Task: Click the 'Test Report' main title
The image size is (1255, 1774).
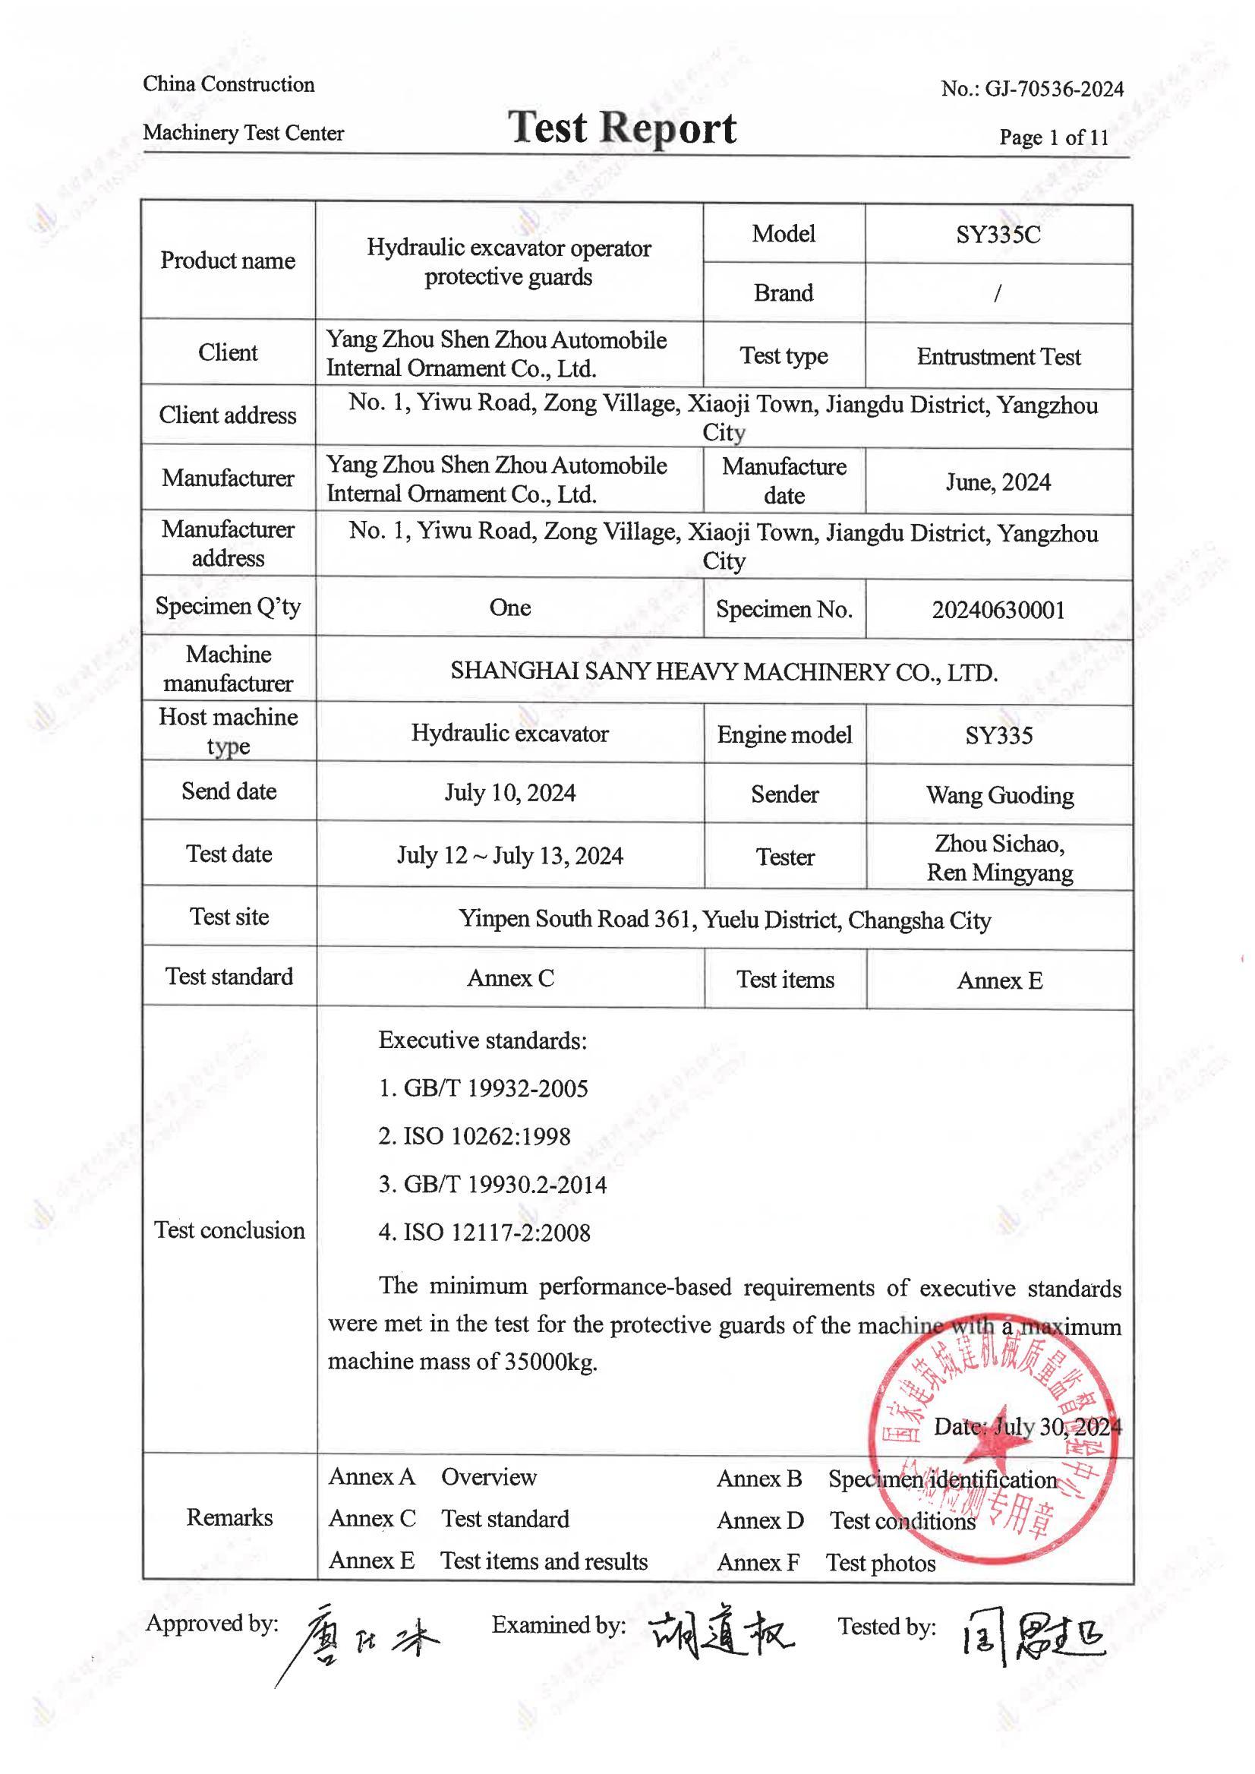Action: pyautogui.click(x=622, y=128)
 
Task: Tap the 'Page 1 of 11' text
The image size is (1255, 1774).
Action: pyautogui.click(x=1053, y=137)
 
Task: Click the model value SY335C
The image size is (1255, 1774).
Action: pyautogui.click(x=998, y=234)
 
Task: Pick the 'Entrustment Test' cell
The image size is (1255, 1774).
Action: pyautogui.click(x=998, y=356)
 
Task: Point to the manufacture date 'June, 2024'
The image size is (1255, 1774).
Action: pyautogui.click(x=998, y=482)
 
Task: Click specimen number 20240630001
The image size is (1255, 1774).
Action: pyautogui.click(x=998, y=610)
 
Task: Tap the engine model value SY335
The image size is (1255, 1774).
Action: pyautogui.click(x=998, y=735)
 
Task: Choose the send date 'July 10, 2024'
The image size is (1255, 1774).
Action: pyautogui.click(x=509, y=793)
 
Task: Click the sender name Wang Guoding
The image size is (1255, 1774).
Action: pyautogui.click(x=999, y=795)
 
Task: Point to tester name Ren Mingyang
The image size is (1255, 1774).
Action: pyautogui.click(x=999, y=873)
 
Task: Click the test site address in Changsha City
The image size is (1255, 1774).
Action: pyautogui.click(x=724, y=920)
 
